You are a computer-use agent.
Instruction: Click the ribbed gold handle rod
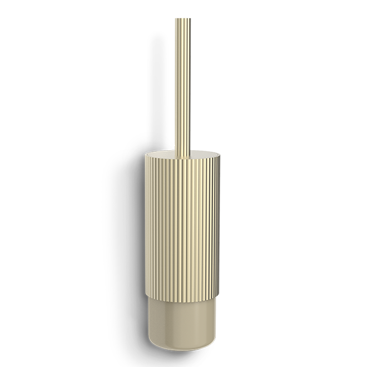click(183, 83)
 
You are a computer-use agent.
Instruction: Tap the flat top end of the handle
click(183, 19)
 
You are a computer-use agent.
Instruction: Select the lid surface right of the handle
click(203, 153)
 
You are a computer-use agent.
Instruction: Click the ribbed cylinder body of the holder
click(182, 222)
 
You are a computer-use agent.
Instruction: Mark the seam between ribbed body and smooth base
click(182, 294)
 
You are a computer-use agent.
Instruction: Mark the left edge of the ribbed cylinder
click(146, 222)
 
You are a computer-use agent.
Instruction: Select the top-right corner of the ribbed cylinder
click(219, 156)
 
